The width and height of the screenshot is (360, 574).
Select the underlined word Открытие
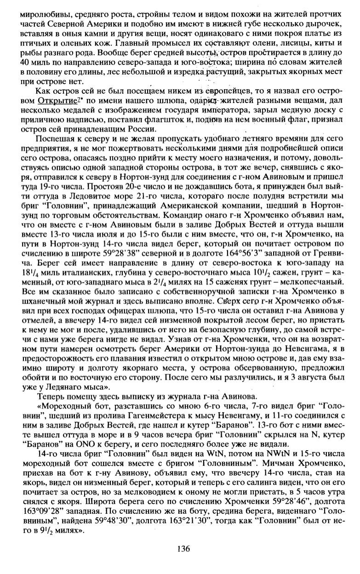[51, 100]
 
